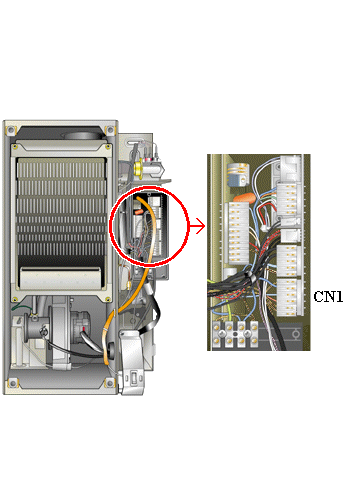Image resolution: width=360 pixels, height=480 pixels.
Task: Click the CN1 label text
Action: click(328, 296)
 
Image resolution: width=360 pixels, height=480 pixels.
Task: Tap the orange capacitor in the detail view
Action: click(244, 198)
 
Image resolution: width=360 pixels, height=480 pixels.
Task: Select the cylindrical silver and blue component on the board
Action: click(238, 174)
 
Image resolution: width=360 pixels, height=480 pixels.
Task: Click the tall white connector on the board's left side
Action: click(237, 233)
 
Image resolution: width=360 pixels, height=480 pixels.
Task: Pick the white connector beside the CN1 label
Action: click(290, 297)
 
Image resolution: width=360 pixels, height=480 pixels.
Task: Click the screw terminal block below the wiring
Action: click(236, 334)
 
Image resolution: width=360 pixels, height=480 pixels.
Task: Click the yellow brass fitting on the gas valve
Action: click(138, 168)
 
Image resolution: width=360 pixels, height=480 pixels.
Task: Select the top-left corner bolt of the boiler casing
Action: click(11, 129)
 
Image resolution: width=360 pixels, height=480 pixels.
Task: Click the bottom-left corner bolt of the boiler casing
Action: click(13, 383)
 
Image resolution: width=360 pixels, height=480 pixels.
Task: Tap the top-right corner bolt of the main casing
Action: click(110, 129)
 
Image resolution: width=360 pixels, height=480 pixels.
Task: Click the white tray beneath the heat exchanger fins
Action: click(60, 278)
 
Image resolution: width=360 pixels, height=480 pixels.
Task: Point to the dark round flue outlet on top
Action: click(82, 135)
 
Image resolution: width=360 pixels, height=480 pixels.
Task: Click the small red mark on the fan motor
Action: click(84, 329)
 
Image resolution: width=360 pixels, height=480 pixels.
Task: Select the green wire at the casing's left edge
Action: click(21, 309)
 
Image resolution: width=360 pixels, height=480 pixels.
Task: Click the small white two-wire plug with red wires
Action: click(265, 228)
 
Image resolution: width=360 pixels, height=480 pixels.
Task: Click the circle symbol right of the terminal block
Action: click(295, 334)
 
